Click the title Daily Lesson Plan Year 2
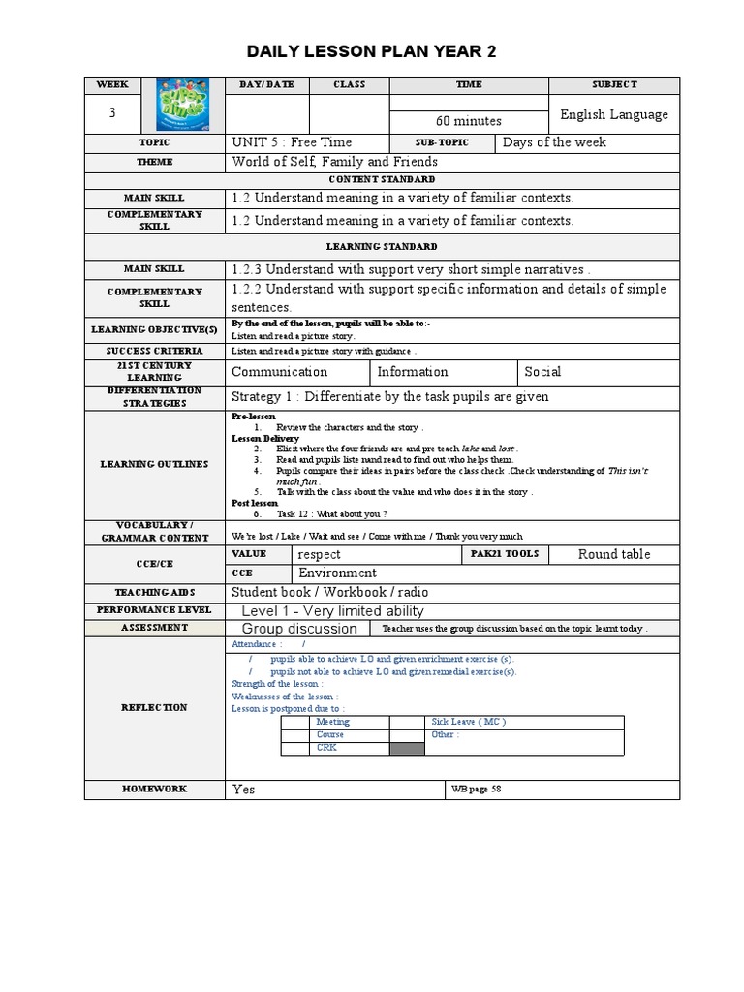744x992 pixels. point(372,52)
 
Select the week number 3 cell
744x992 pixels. point(112,113)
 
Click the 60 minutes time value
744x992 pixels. point(468,121)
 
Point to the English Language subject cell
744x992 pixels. point(614,114)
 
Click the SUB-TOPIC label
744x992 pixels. point(442,142)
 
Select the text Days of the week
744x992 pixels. point(555,142)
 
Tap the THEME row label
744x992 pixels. point(154,162)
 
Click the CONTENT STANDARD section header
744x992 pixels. point(382,179)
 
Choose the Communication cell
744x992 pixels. point(279,372)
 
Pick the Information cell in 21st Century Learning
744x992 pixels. point(413,372)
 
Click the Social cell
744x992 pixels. point(542,372)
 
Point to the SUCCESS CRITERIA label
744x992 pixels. point(154,351)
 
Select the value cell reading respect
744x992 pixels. point(320,555)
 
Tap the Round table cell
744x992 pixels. point(614,554)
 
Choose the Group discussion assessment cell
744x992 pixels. point(299,629)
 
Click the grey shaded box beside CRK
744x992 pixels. point(407,748)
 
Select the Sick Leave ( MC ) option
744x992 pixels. point(469,722)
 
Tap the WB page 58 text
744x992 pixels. point(477,790)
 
